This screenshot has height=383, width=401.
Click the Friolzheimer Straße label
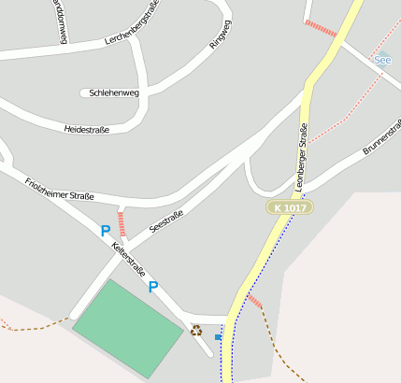60,188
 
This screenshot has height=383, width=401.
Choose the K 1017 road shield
289,206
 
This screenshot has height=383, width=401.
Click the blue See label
382,61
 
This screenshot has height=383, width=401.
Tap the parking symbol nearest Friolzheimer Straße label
106,230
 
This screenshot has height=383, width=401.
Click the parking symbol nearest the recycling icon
153,287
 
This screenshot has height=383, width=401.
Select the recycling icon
196,329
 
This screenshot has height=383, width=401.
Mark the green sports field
127,327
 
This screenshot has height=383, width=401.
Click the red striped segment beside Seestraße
121,223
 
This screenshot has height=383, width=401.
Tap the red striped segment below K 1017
254,302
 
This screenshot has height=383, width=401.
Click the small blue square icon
218,336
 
